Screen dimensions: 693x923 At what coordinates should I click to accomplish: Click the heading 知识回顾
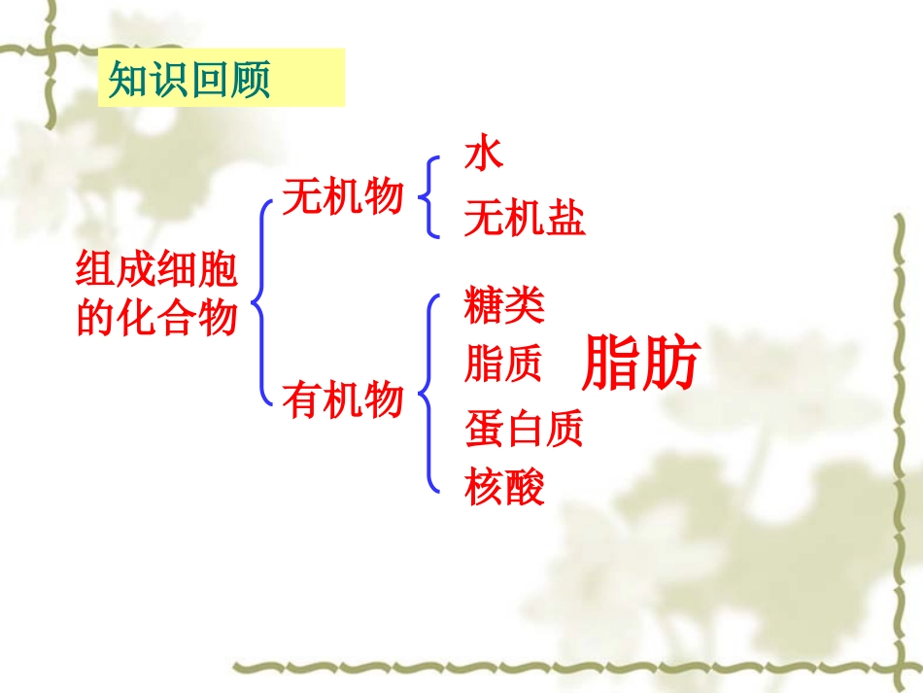click(x=189, y=81)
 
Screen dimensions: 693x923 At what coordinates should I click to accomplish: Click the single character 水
click(x=484, y=154)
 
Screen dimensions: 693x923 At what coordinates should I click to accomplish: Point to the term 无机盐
click(x=525, y=220)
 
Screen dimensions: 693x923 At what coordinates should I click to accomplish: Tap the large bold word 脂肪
click(x=640, y=364)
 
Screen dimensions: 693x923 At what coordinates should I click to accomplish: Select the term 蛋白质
click(x=524, y=429)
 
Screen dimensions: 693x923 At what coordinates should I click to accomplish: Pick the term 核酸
click(x=504, y=487)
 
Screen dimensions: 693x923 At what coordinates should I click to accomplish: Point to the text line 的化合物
click(x=156, y=317)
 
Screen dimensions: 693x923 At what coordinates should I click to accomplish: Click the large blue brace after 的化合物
click(x=260, y=300)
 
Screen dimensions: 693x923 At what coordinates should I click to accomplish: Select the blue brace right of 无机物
click(x=427, y=197)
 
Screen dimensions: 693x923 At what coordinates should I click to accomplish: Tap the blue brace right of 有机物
click(x=427, y=394)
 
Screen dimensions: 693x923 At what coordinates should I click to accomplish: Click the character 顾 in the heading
click(x=250, y=81)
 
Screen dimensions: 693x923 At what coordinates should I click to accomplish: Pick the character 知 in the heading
click(x=128, y=81)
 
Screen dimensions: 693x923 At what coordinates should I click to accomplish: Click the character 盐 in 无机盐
click(x=565, y=220)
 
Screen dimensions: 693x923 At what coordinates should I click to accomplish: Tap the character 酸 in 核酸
click(x=525, y=487)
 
